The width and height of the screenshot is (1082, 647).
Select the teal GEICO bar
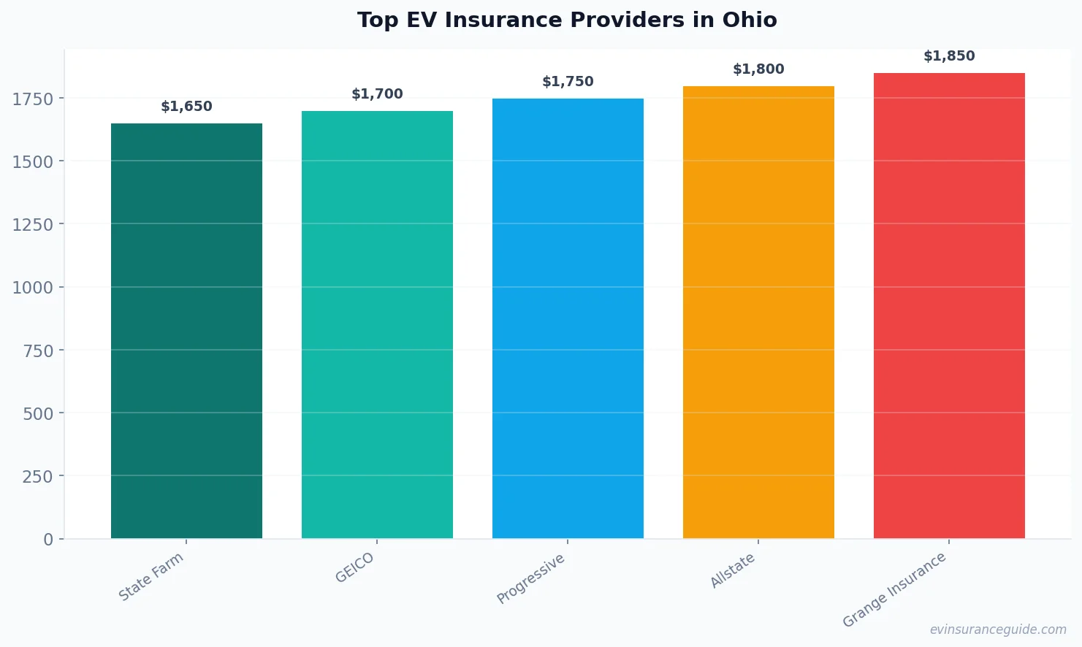pos(377,325)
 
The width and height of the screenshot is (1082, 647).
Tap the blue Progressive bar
pos(568,318)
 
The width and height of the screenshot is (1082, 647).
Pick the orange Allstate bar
pos(758,313)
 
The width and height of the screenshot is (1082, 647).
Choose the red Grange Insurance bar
pos(949,306)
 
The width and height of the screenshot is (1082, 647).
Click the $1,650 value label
pos(186,107)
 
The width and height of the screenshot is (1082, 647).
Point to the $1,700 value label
pos(377,94)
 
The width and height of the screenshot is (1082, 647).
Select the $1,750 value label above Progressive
pos(568,82)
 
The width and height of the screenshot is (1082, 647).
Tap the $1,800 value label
pos(758,69)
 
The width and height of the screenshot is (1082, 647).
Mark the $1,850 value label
pos(949,56)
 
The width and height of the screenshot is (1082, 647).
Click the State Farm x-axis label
pos(151,577)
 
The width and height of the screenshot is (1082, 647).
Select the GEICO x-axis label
pos(354,567)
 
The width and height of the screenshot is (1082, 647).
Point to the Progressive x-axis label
pos(531,578)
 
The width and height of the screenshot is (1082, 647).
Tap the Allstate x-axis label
pos(733,570)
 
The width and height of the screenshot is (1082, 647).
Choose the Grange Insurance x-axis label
pos(894,590)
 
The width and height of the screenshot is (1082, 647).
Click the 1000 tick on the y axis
pos(33,288)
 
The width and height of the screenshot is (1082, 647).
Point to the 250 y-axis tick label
pos(38,477)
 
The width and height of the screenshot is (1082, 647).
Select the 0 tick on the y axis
pos(48,540)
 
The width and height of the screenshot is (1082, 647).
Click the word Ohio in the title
pos(750,20)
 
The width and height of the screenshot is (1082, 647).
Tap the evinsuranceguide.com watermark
pos(998,629)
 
